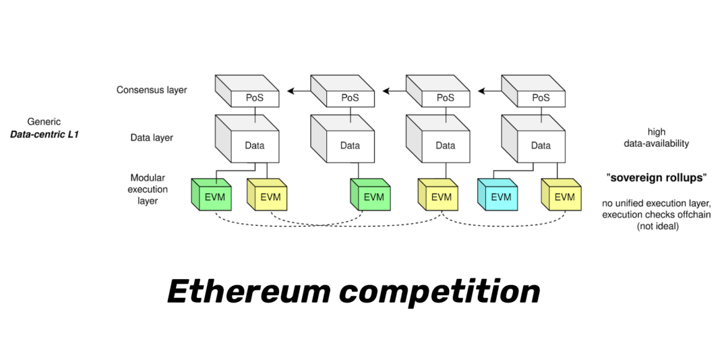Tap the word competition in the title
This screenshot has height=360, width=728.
[x=439, y=291]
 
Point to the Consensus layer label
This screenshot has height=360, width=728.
[x=152, y=90]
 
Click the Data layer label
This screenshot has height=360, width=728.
[x=152, y=138]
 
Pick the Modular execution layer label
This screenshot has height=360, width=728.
[x=148, y=189]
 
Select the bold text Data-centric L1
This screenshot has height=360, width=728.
[x=44, y=134]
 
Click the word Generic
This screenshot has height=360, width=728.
[x=44, y=122]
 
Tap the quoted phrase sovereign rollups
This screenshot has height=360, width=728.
[x=657, y=178]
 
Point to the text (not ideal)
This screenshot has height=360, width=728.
[x=657, y=227]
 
